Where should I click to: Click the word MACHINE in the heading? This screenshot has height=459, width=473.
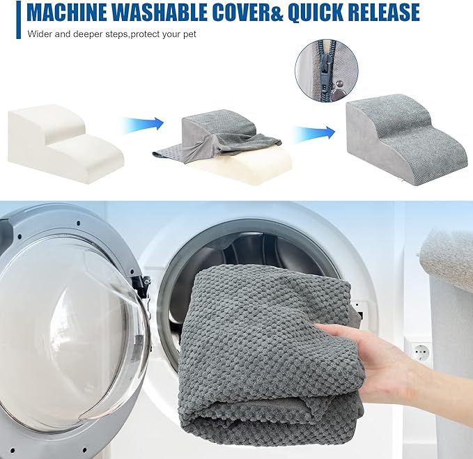tap(67, 12)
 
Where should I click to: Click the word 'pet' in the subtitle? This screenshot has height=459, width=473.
tap(189, 34)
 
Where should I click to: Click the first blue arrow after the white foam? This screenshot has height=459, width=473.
tap(141, 124)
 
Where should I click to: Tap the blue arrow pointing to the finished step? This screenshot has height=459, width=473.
tap(313, 132)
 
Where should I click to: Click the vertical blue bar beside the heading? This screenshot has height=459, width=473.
tap(18, 20)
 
